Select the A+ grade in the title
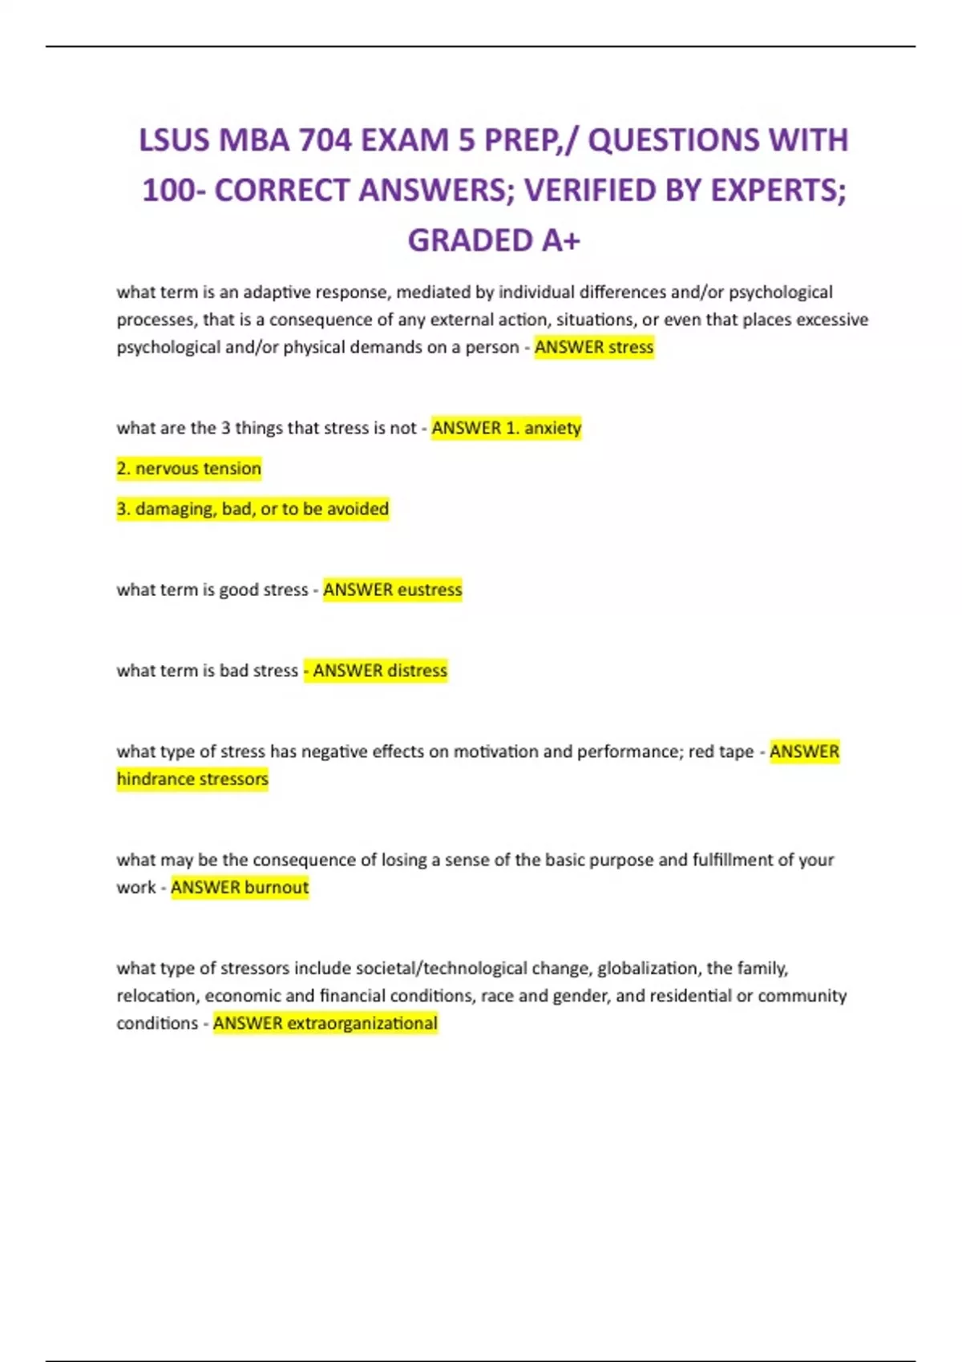coord(561,240)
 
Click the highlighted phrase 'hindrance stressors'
coord(192,779)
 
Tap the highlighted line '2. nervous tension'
coord(189,469)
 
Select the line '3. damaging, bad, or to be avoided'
coord(253,509)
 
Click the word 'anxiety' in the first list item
coord(552,428)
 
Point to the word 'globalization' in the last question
coord(648,968)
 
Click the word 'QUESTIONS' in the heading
coord(673,140)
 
